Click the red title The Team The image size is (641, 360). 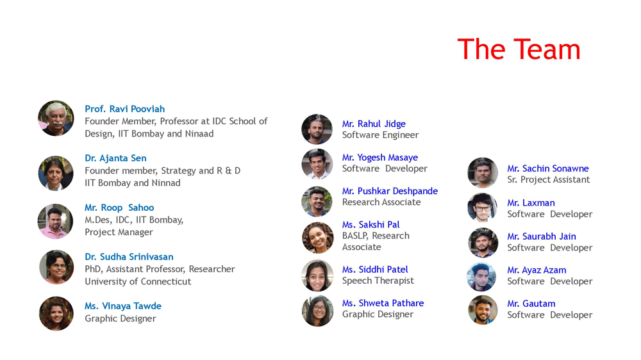point(519,49)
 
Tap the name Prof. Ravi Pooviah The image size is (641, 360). point(125,109)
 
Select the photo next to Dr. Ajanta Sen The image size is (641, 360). point(56,173)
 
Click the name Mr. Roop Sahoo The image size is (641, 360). point(119,207)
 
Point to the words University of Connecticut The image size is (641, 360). point(138,281)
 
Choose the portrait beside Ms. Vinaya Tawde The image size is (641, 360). point(56,313)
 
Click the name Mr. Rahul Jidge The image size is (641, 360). point(374,124)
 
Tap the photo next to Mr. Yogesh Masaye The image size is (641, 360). point(317,164)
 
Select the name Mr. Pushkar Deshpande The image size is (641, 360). point(390,191)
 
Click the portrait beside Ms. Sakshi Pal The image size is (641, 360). point(318,238)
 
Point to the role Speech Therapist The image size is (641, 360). point(378,281)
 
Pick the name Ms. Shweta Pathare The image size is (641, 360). point(383,303)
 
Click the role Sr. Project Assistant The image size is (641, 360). point(549,179)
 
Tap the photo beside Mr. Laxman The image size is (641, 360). point(483,208)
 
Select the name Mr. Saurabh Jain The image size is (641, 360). point(542,236)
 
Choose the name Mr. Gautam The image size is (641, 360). point(531,304)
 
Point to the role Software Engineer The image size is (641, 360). point(380,135)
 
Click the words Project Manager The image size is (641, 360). point(119,232)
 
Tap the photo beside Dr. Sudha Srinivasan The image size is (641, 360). point(56,267)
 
